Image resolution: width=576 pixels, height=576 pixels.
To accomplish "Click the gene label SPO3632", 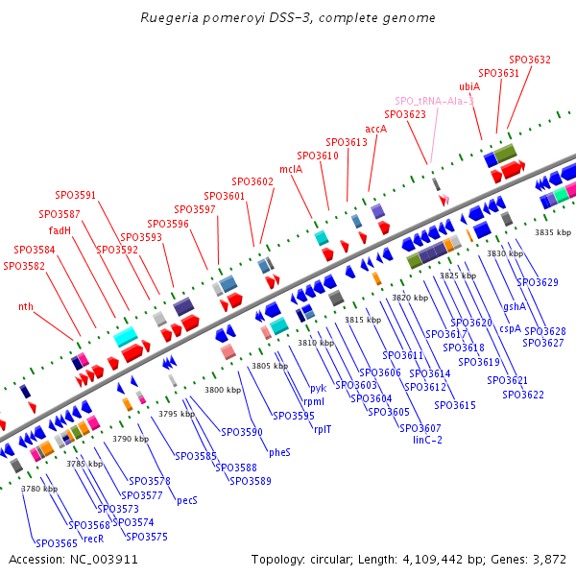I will click(x=530, y=60).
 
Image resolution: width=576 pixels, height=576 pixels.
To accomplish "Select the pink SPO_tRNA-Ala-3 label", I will click(x=434, y=101).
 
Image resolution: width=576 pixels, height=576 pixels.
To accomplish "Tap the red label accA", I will click(x=376, y=129).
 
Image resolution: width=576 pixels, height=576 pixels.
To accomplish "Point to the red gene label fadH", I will click(x=60, y=230).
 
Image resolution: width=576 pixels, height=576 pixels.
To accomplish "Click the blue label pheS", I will click(x=279, y=452).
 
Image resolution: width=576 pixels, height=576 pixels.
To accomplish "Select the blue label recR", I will click(x=93, y=539).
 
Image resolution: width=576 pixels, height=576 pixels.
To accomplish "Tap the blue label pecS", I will click(x=187, y=499).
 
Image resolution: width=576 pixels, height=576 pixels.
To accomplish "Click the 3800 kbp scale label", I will click(x=223, y=390).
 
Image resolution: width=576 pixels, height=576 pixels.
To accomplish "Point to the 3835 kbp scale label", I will click(x=552, y=232).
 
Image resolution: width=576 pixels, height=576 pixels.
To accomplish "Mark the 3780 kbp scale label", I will click(x=38, y=489).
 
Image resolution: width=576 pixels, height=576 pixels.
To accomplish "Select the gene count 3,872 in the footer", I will click(x=548, y=559).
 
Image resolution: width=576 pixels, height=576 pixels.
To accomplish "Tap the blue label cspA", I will click(x=510, y=328).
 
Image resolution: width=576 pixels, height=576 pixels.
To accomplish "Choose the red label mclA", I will click(x=291, y=169).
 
